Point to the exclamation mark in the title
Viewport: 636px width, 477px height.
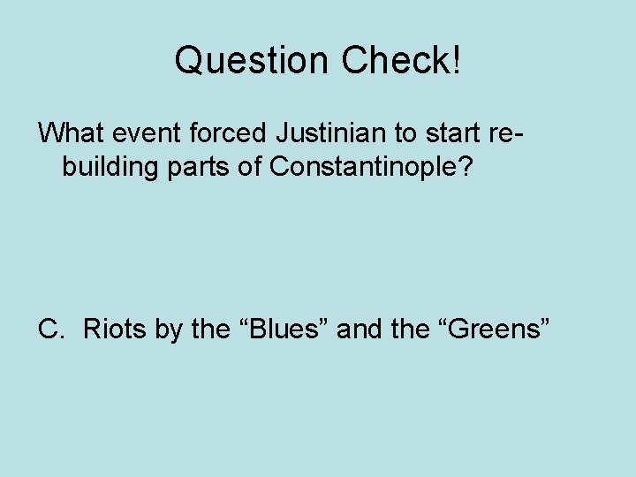(456, 60)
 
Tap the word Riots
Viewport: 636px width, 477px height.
(112, 329)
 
